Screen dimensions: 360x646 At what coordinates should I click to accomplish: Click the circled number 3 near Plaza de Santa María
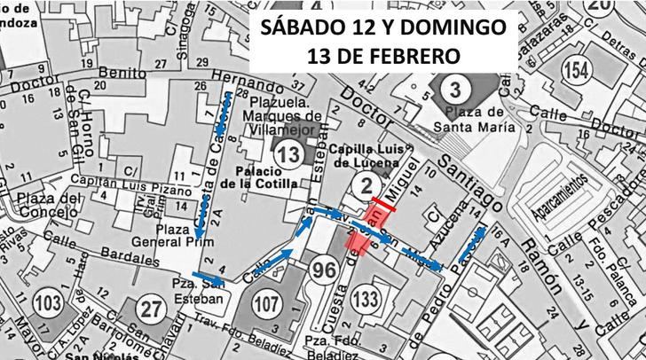tap(454, 90)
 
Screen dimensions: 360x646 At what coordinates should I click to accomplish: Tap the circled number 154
tap(579, 72)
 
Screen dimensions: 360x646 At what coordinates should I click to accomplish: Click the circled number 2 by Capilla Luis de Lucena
tap(364, 185)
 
